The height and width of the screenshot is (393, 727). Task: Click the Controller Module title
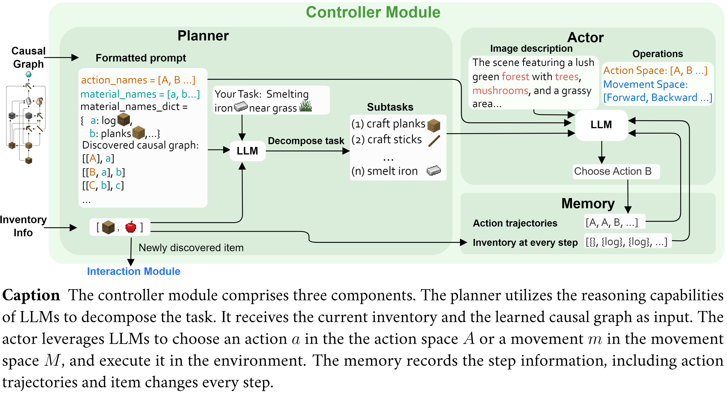click(x=373, y=12)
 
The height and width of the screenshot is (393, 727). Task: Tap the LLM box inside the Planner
click(x=247, y=151)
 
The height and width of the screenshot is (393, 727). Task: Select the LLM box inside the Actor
click(x=601, y=125)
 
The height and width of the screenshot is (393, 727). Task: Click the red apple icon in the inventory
click(x=131, y=227)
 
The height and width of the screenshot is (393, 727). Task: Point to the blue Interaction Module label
click(x=134, y=271)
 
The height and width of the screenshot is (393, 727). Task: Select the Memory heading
click(x=588, y=203)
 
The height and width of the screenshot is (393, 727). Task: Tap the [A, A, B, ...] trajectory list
click(x=612, y=223)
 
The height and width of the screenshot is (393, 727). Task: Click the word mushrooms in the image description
click(x=500, y=91)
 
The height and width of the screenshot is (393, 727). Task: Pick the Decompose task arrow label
click(x=306, y=141)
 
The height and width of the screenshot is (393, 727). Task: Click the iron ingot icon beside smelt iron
click(x=433, y=171)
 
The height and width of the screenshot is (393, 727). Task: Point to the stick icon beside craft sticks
click(x=434, y=141)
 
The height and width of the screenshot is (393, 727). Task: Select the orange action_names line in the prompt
click(x=138, y=80)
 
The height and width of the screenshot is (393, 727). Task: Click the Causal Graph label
click(x=28, y=57)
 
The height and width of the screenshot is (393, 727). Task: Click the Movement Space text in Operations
click(x=645, y=84)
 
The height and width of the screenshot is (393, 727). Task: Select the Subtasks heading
click(x=390, y=107)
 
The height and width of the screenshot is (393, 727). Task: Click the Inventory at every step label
click(x=525, y=242)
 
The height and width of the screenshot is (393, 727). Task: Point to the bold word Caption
click(x=31, y=295)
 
